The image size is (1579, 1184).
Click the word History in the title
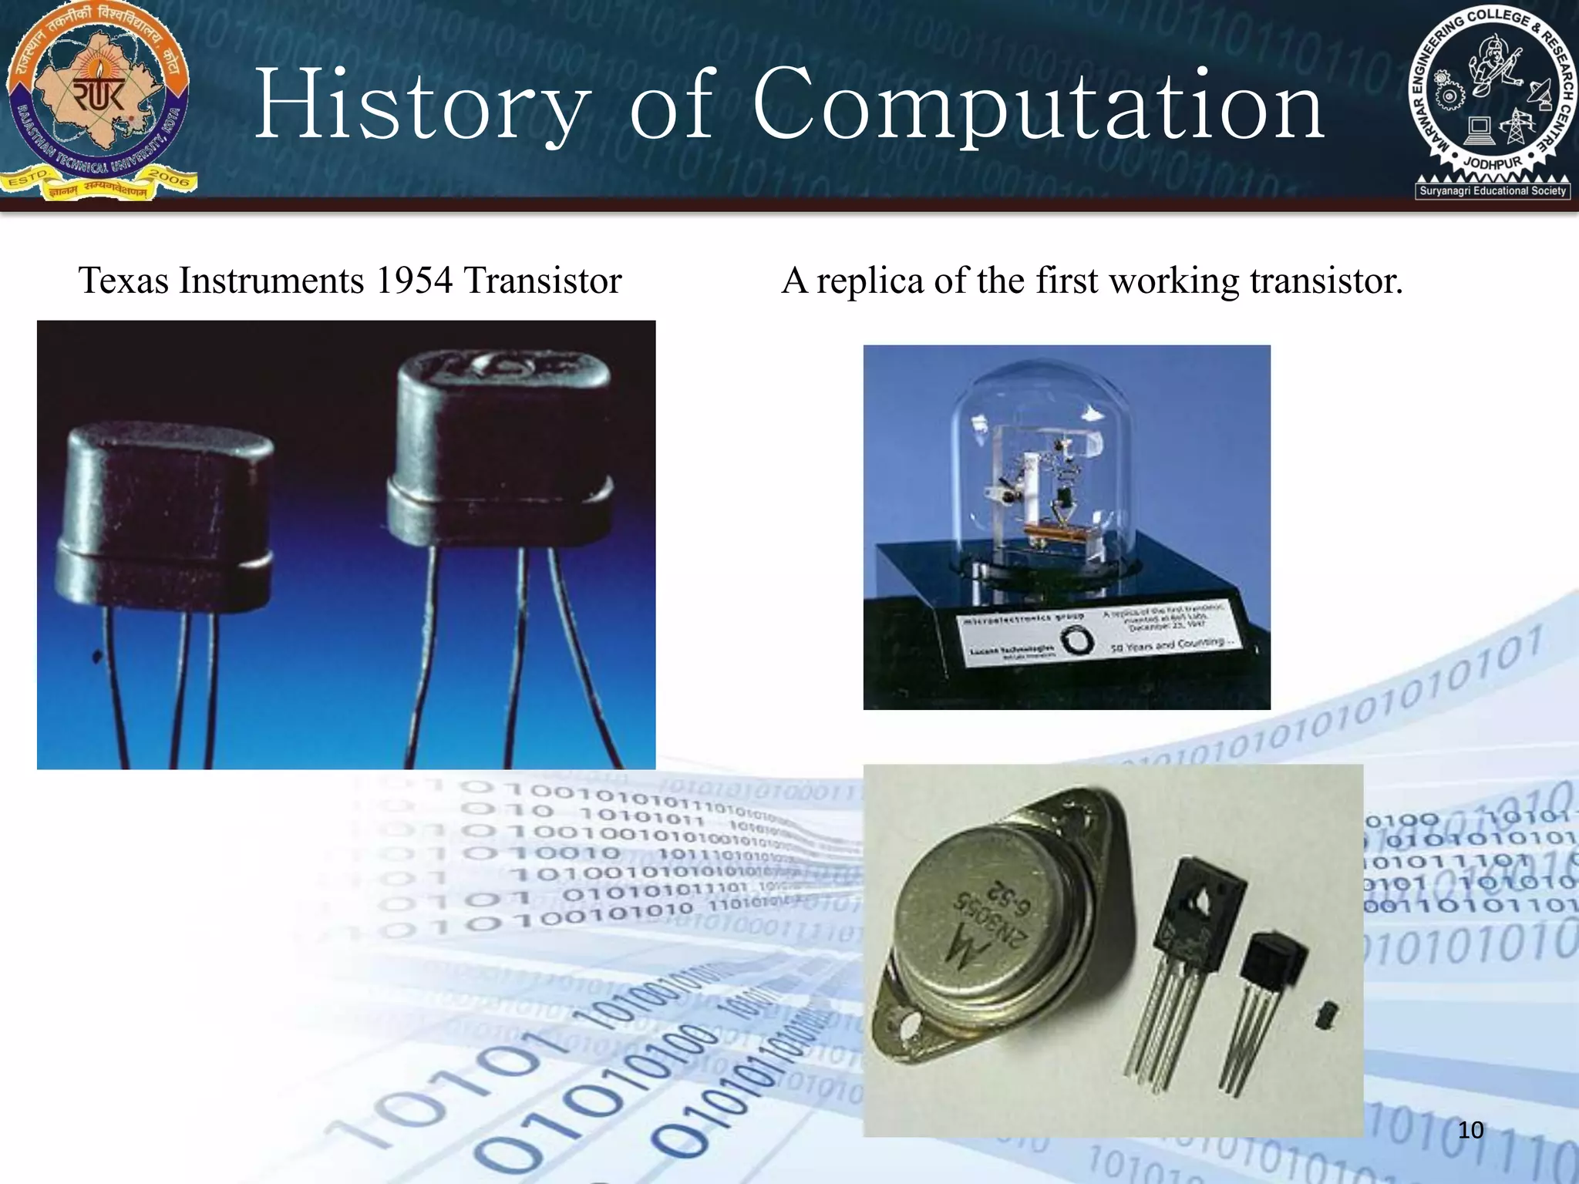tap(423, 105)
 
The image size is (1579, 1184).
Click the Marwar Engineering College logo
tap(1492, 100)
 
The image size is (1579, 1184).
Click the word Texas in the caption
tap(123, 281)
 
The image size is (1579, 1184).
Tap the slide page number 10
tap(1470, 1130)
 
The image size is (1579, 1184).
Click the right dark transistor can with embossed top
tap(501, 447)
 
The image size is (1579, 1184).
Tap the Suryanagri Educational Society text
tap(1493, 190)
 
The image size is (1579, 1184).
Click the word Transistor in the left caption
tap(542, 281)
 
